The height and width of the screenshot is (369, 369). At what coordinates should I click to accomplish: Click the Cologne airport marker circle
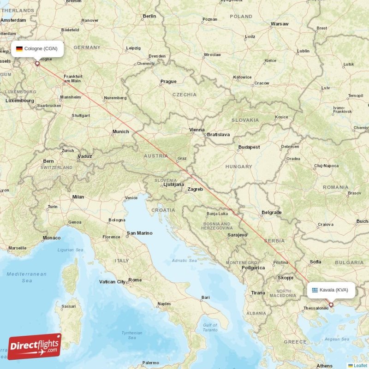(x=37, y=64)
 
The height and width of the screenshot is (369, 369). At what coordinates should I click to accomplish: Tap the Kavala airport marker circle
(x=331, y=304)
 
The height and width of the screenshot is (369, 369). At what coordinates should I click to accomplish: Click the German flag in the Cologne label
(x=19, y=48)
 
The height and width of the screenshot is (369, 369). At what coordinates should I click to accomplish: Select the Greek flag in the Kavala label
(x=315, y=290)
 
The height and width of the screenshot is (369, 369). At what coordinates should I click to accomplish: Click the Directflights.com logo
(x=35, y=346)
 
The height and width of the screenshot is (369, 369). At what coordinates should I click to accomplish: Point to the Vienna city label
(x=197, y=130)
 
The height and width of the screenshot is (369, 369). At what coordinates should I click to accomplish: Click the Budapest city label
(x=249, y=147)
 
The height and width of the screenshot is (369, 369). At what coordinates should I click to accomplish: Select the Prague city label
(x=168, y=82)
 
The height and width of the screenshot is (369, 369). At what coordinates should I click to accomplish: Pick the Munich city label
(x=121, y=131)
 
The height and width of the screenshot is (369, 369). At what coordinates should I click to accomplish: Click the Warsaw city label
(x=280, y=24)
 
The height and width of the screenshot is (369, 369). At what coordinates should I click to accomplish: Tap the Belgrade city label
(x=271, y=212)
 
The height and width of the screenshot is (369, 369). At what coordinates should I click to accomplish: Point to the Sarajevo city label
(x=238, y=235)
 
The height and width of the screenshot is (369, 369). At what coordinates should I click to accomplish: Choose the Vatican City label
(x=112, y=281)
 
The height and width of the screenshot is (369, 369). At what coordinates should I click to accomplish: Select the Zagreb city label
(x=195, y=189)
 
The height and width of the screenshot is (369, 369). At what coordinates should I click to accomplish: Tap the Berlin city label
(x=149, y=16)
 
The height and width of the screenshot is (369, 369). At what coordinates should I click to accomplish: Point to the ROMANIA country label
(x=336, y=187)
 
